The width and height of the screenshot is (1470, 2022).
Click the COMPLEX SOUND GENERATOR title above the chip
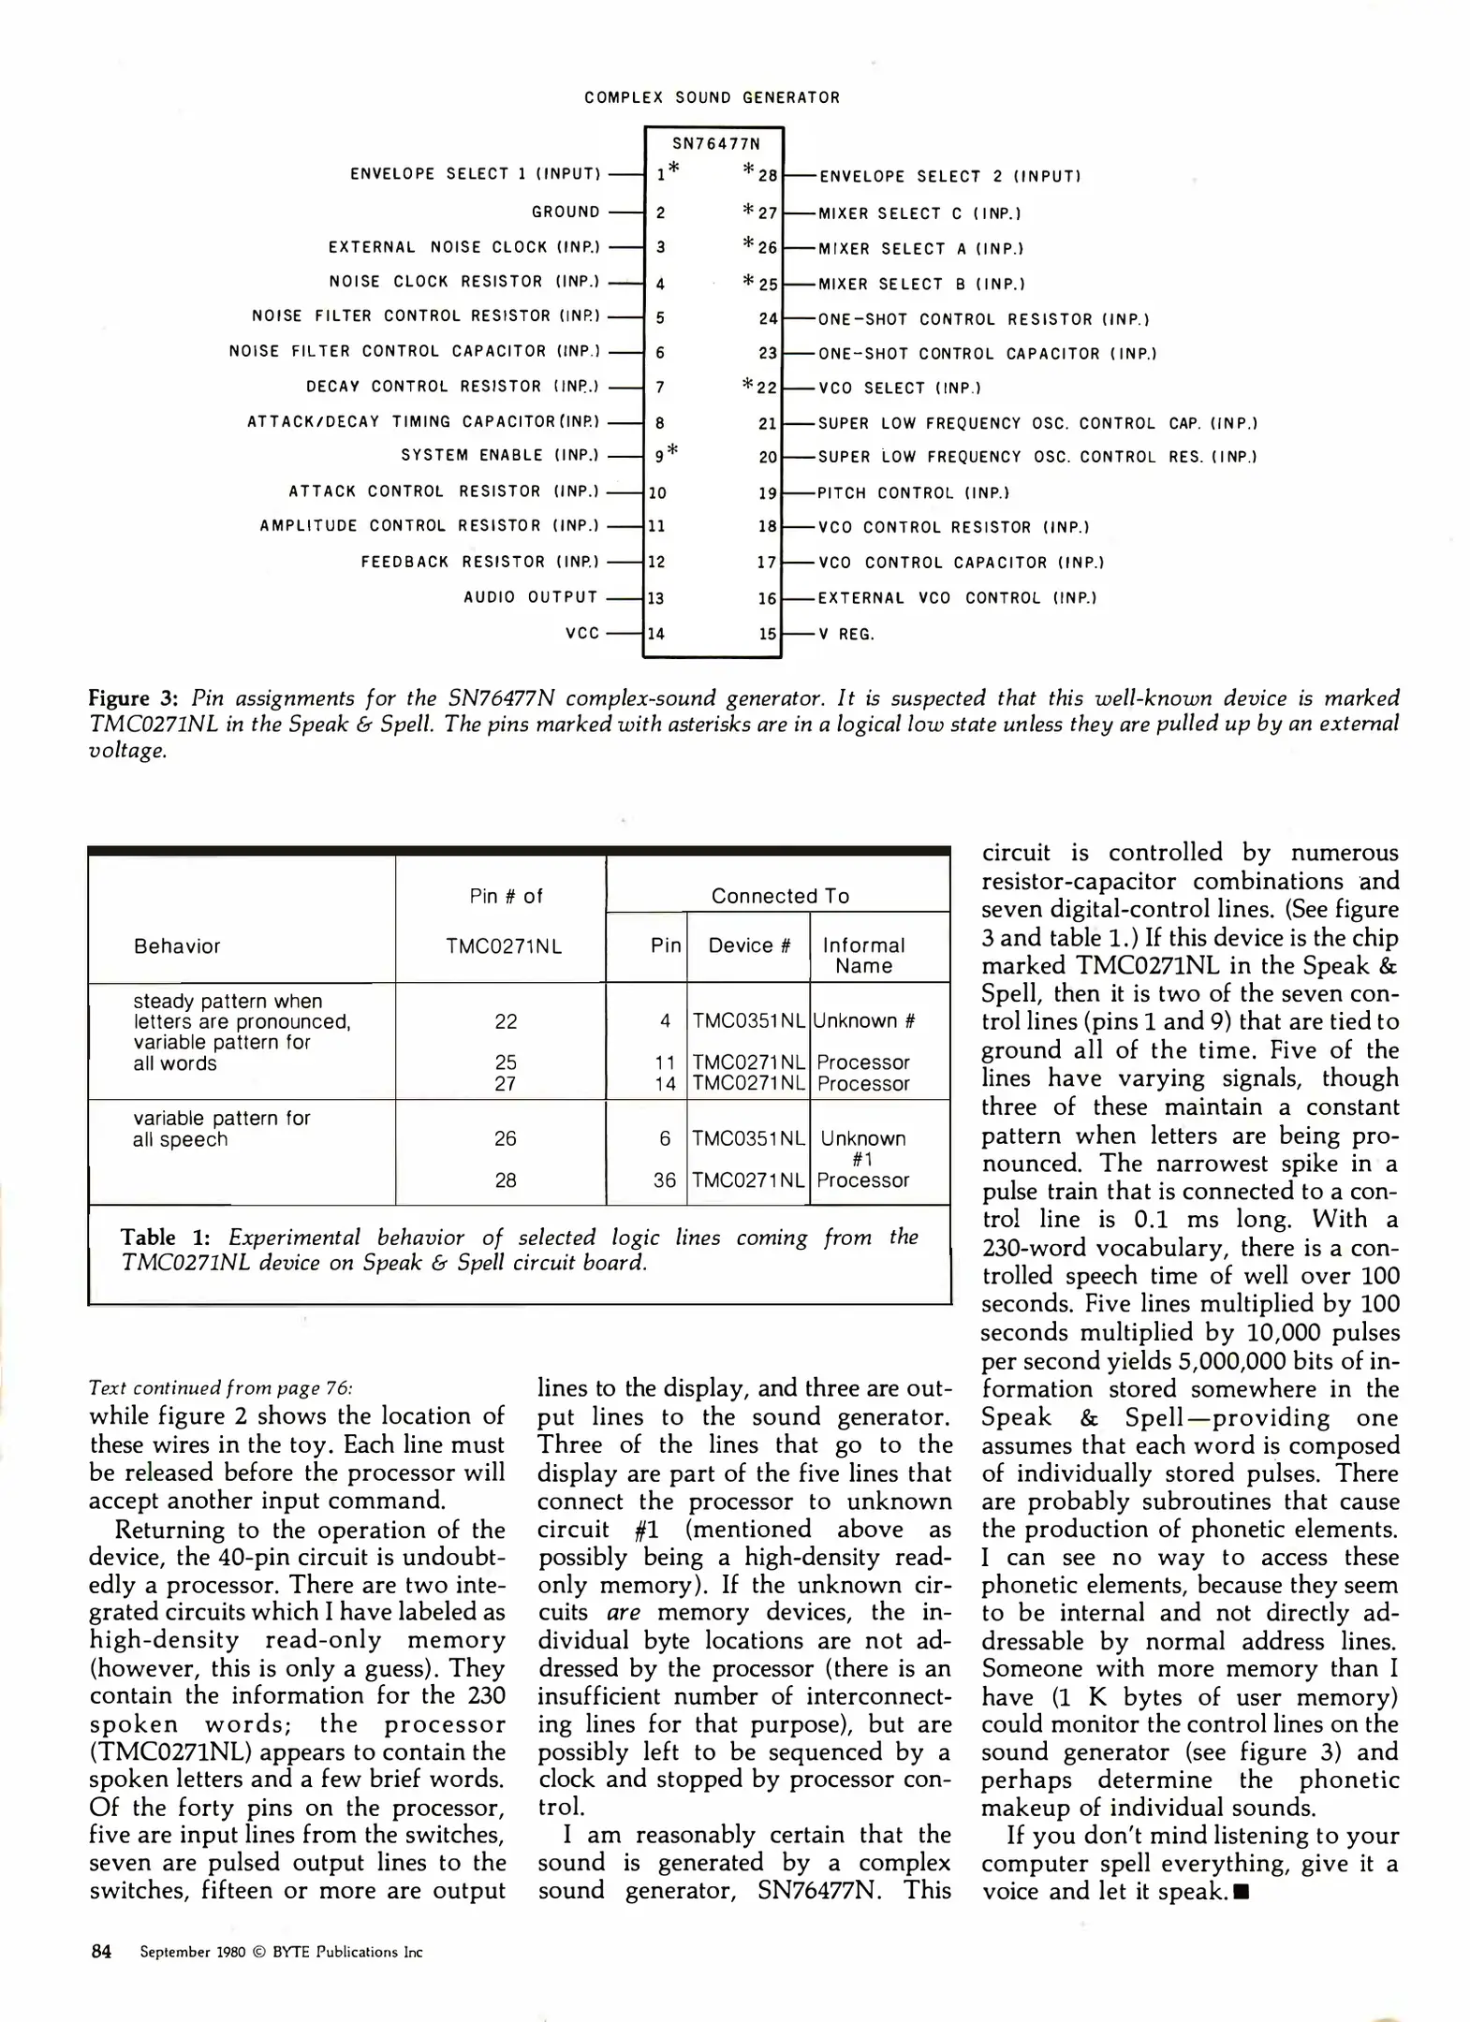[712, 97]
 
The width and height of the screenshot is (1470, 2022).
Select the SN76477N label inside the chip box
[716, 144]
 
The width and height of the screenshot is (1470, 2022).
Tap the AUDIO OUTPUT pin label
[531, 597]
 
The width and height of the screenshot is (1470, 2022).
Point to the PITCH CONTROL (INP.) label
[913, 492]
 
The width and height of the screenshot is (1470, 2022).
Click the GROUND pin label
[566, 212]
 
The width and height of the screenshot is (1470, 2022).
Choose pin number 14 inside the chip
[656, 634]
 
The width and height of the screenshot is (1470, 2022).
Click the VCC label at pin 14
[582, 634]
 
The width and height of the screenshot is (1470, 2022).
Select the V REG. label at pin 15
[845, 634]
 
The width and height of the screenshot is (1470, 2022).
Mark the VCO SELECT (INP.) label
[899, 388]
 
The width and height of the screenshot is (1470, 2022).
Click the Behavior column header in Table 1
[177, 945]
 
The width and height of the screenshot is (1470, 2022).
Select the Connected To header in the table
[780, 896]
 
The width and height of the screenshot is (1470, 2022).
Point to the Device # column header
[749, 945]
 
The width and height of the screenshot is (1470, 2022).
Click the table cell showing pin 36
[665, 1180]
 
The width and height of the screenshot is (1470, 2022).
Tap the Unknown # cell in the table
[863, 1021]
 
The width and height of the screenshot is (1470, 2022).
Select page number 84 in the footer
[101, 1952]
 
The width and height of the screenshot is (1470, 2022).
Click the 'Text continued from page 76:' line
[221, 1387]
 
